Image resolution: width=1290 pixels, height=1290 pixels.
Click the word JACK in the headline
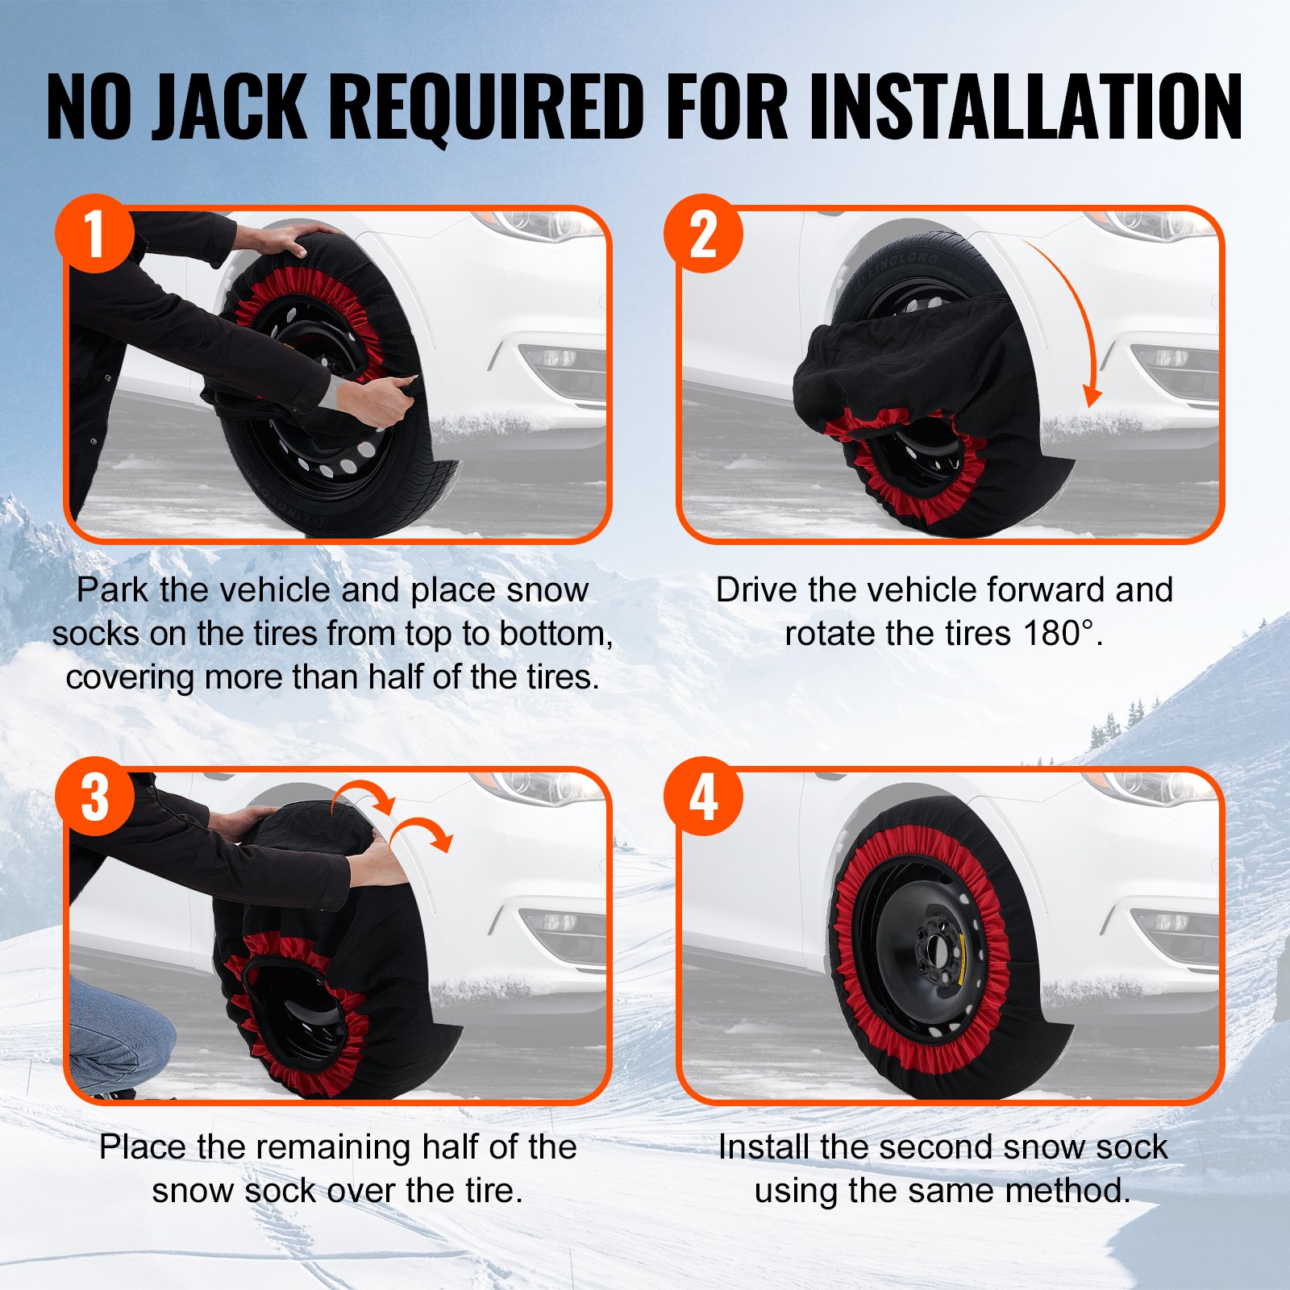click(x=229, y=106)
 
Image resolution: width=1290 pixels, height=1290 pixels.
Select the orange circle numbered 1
click(x=94, y=234)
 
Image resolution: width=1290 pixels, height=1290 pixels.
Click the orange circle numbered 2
click(x=703, y=234)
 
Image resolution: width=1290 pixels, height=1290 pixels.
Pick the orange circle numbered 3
click(x=94, y=797)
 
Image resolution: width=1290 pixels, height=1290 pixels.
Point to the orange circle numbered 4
click(x=703, y=797)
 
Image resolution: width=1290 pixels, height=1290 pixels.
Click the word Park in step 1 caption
click(x=112, y=590)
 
